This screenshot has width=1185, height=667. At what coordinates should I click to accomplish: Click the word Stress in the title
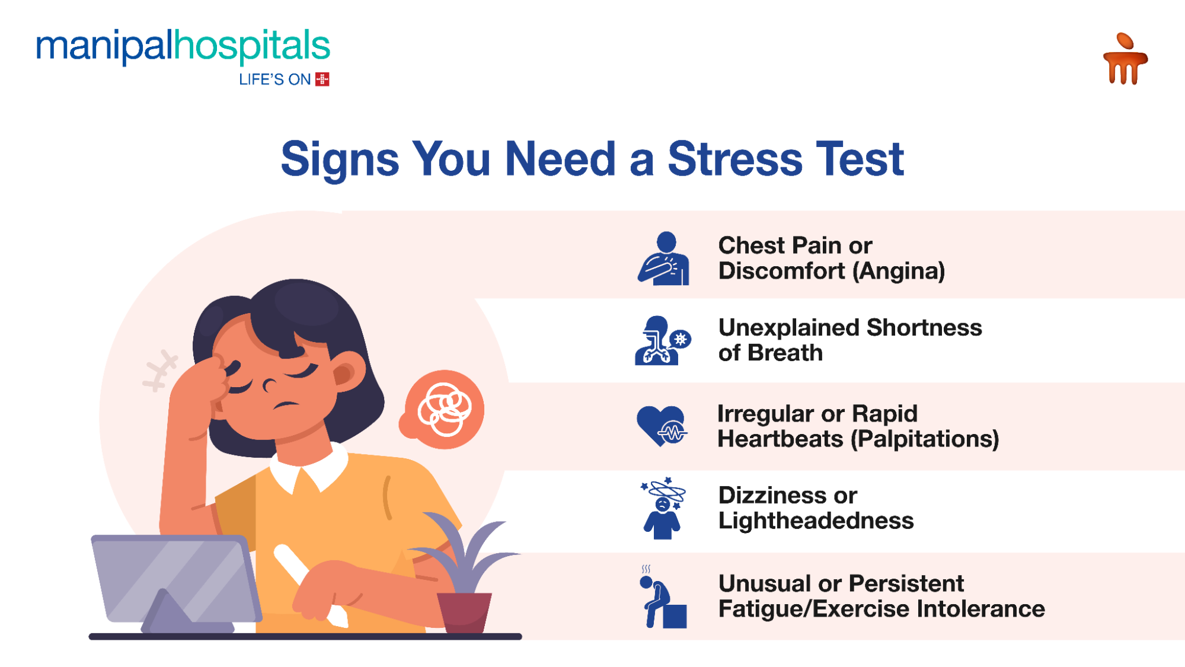734,159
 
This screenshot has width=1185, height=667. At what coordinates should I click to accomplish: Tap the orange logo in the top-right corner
1125,59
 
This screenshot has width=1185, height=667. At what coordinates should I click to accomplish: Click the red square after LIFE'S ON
322,79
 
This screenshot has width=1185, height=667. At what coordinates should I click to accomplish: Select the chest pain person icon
664,258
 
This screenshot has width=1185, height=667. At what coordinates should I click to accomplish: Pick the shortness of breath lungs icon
662,340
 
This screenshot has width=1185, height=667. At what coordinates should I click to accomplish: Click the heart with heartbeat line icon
662,426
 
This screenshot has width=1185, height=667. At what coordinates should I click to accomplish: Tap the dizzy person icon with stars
663,508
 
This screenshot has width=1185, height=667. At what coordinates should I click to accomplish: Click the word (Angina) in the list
899,272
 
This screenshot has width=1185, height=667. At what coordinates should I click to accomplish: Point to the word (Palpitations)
925,439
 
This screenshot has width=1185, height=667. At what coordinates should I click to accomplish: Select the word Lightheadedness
816,521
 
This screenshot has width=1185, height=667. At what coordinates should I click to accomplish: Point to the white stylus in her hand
308,582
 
